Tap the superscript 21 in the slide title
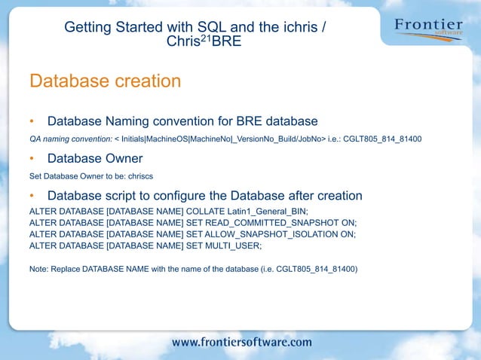coord(204,38)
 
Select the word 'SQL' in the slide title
coord(213,27)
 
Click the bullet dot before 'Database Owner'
coord(32,159)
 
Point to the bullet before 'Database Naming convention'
coord(32,121)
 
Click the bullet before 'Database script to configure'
coord(32,196)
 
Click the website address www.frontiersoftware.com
coord(241,342)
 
